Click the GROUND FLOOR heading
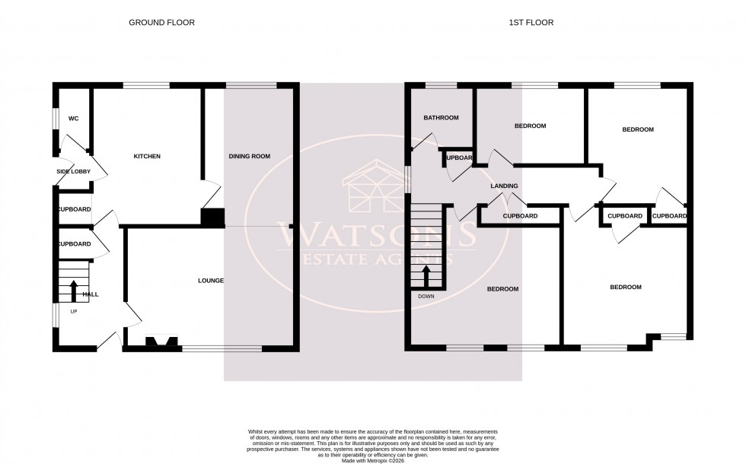(x=161, y=23)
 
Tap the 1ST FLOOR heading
(x=531, y=23)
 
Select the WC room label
(x=74, y=119)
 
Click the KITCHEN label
(x=147, y=157)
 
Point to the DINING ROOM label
(x=250, y=157)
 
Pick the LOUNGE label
(x=211, y=281)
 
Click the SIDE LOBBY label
(x=73, y=172)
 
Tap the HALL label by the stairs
(x=91, y=294)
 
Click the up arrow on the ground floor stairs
(x=74, y=291)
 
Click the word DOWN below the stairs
(x=426, y=297)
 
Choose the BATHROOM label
(x=442, y=118)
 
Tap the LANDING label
(x=504, y=186)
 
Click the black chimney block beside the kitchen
(x=212, y=218)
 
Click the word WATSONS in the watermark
(x=373, y=231)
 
